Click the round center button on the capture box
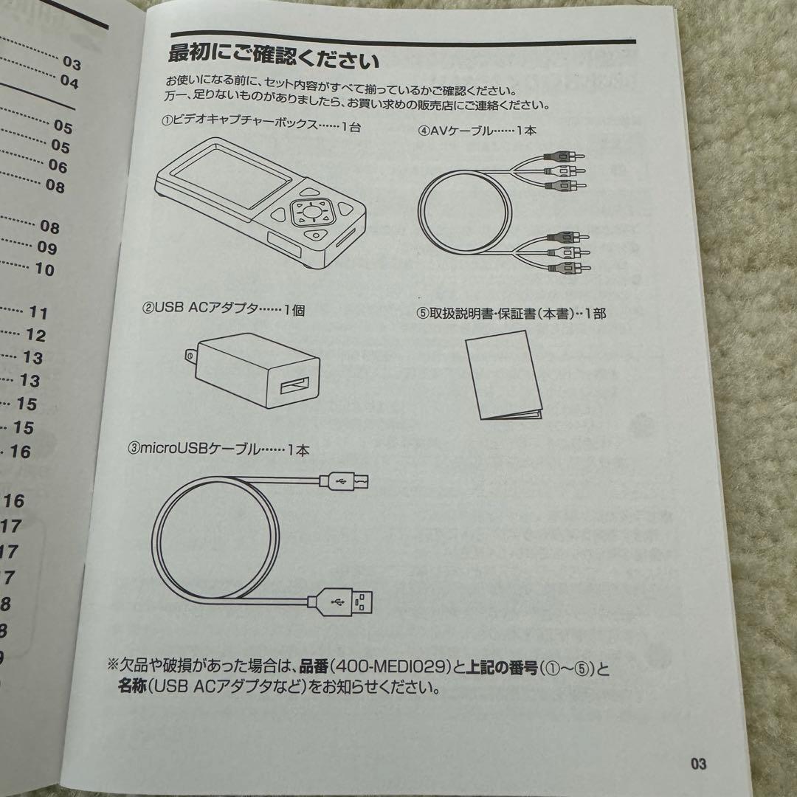311,214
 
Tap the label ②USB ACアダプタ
222,310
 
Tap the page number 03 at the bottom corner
698,764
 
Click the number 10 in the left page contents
45,269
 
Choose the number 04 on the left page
69,82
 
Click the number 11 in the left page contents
38,313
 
